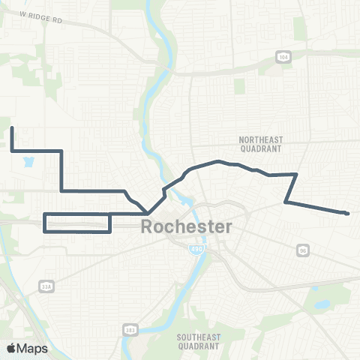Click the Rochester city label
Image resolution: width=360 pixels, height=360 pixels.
[x=187, y=226]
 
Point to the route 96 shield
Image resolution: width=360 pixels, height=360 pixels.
[x=302, y=249]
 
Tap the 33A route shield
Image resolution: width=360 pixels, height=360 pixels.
[x=46, y=285]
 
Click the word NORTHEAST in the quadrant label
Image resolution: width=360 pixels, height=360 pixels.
[x=259, y=139]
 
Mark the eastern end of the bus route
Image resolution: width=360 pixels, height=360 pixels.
[x=347, y=214]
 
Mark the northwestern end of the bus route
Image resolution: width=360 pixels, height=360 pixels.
[x=12, y=129]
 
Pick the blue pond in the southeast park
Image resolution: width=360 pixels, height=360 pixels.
[x=323, y=305]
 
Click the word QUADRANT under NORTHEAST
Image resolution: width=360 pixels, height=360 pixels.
[x=259, y=149]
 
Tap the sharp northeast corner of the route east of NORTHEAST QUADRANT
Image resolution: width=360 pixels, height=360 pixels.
[x=298, y=174]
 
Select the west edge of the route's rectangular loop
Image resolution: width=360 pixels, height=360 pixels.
[x=45, y=223]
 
